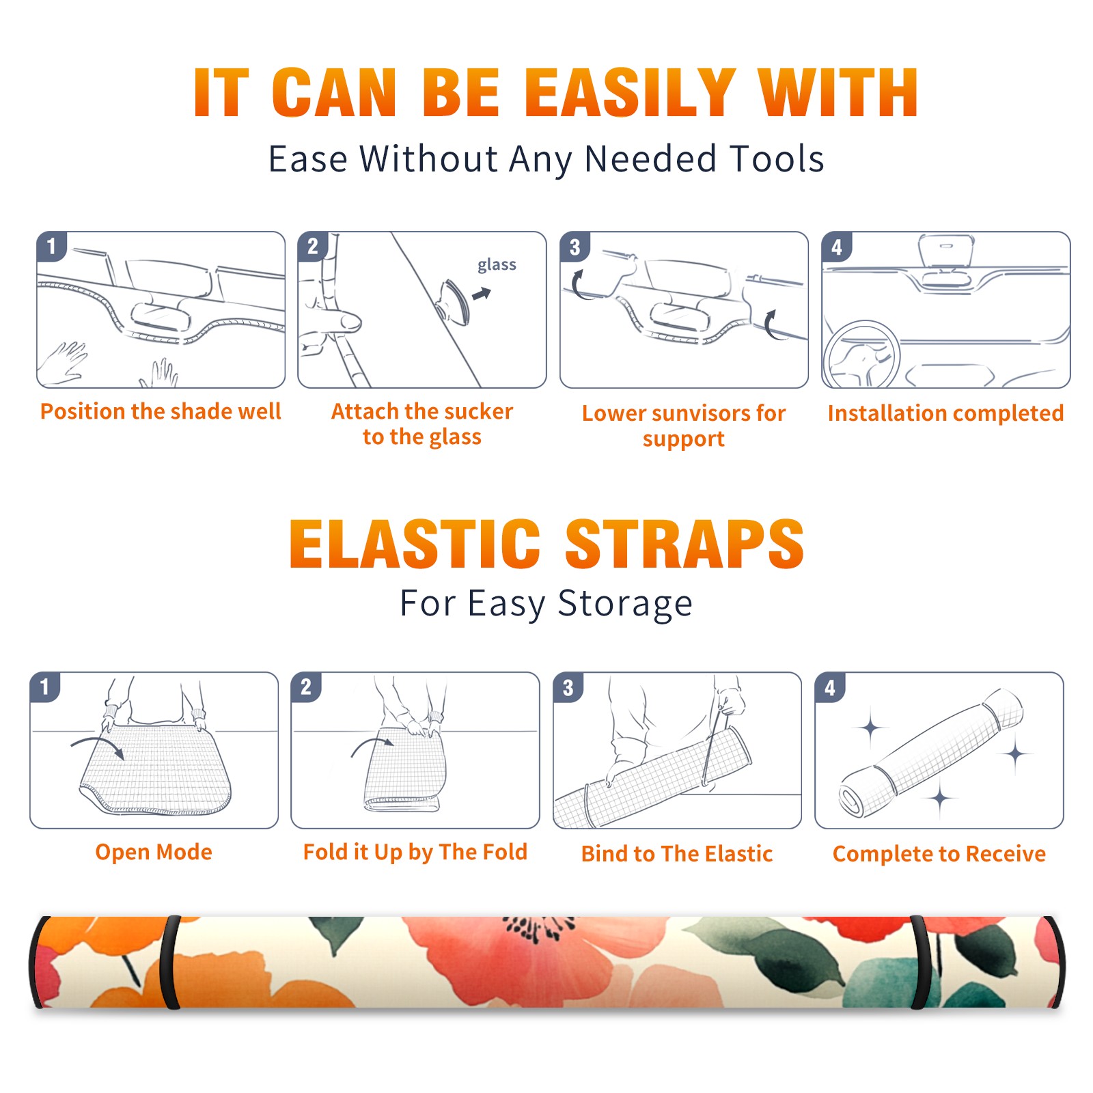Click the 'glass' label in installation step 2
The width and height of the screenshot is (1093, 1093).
(497, 265)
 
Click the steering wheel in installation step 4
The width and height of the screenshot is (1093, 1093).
(861, 355)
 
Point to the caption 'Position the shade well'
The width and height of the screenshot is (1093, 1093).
(161, 411)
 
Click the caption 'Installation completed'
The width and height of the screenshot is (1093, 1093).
(945, 413)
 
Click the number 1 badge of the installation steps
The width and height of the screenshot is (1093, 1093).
(51, 246)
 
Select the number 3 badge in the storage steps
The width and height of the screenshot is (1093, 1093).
(568, 687)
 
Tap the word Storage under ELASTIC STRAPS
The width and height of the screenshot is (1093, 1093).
(625, 604)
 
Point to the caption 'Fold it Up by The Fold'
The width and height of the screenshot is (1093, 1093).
(415, 853)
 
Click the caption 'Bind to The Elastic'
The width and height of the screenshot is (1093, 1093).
(677, 854)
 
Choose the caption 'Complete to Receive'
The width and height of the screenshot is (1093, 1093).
(939, 854)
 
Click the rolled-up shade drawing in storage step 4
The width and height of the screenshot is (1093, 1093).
(931, 752)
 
